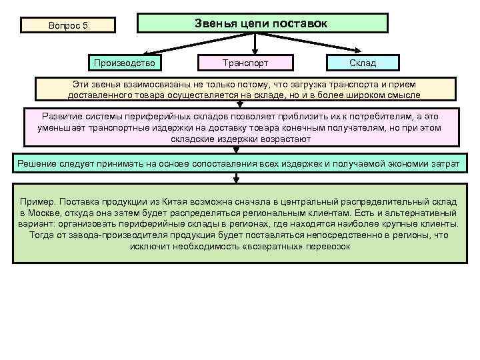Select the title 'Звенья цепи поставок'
[x=261, y=23]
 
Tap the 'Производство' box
[x=125, y=63]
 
